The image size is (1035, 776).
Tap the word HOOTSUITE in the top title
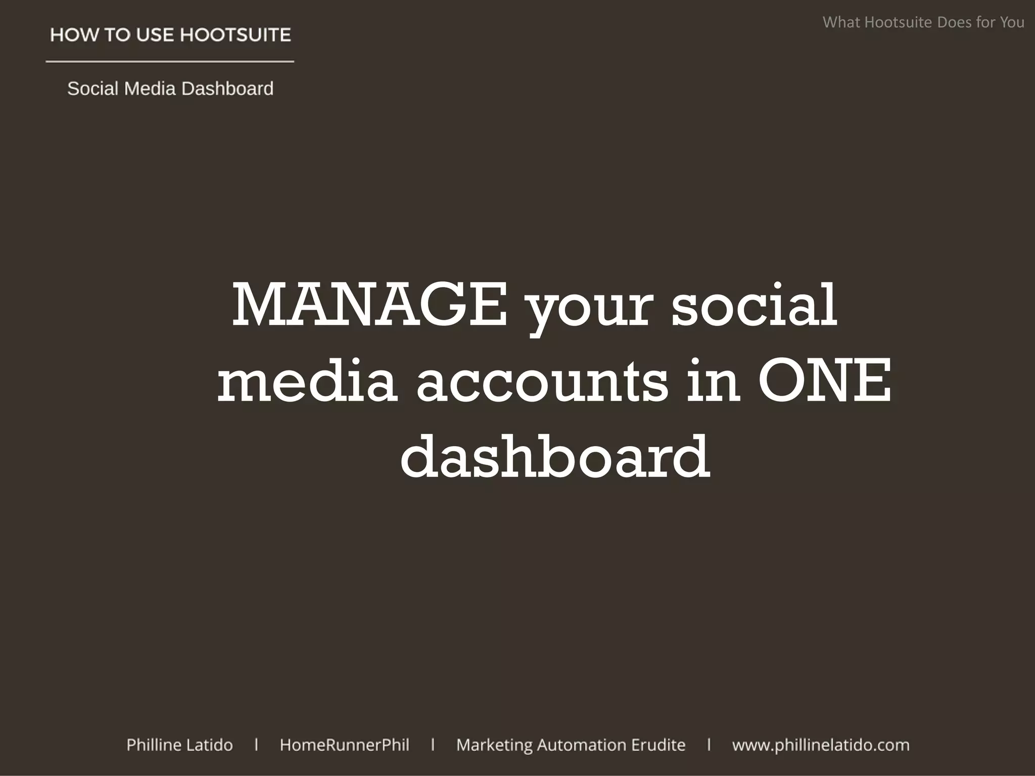pyautogui.click(x=236, y=35)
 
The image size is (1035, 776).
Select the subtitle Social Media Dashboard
pyautogui.click(x=170, y=88)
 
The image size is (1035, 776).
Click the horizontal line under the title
pyautogui.click(x=170, y=62)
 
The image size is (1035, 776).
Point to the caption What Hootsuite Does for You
pyautogui.click(x=923, y=22)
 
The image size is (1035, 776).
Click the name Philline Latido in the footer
pyautogui.click(x=179, y=745)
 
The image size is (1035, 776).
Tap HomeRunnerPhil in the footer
pyautogui.click(x=345, y=745)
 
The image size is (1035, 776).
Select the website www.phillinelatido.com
pyautogui.click(x=821, y=745)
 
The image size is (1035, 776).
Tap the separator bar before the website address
pyautogui.click(x=709, y=745)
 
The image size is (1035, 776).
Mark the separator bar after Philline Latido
pyautogui.click(x=257, y=745)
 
